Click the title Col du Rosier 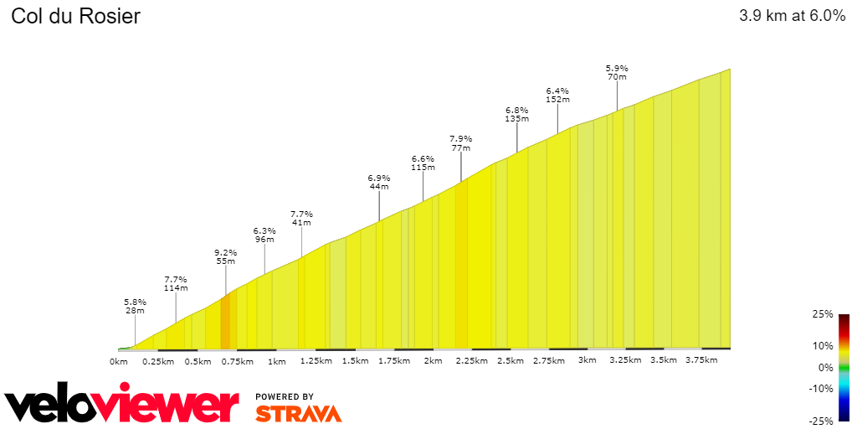pyautogui.click(x=75, y=16)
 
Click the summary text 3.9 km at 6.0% pyautogui.click(x=792, y=16)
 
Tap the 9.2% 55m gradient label pyautogui.click(x=226, y=256)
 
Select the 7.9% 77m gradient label pyautogui.click(x=461, y=142)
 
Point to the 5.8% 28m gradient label pyautogui.click(x=135, y=306)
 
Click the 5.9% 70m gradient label pyautogui.click(x=617, y=72)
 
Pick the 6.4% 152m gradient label pyautogui.click(x=557, y=95)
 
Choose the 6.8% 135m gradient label pyautogui.click(x=517, y=114)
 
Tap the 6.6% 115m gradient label pyautogui.click(x=423, y=163)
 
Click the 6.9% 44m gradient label pyautogui.click(x=379, y=182)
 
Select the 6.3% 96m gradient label pyautogui.click(x=264, y=235)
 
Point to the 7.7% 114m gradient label pyautogui.click(x=176, y=283)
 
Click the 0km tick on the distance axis pyautogui.click(x=119, y=361)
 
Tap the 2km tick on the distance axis pyautogui.click(x=433, y=361)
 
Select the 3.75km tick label pyautogui.click(x=701, y=360)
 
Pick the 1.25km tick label pyautogui.click(x=316, y=361)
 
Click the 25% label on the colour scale pyautogui.click(x=824, y=314)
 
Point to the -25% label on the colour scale pyautogui.click(x=821, y=421)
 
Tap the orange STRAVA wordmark pyautogui.click(x=298, y=413)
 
